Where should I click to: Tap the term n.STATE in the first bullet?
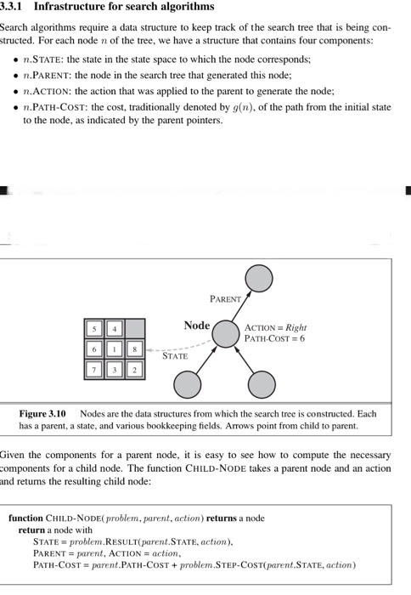(x=42, y=59)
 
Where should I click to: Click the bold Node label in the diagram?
(x=196, y=326)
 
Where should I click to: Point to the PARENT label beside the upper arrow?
(x=224, y=299)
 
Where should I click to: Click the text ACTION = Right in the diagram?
(x=275, y=327)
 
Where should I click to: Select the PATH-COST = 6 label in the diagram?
(x=273, y=338)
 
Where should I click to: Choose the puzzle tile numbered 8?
(x=132, y=348)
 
